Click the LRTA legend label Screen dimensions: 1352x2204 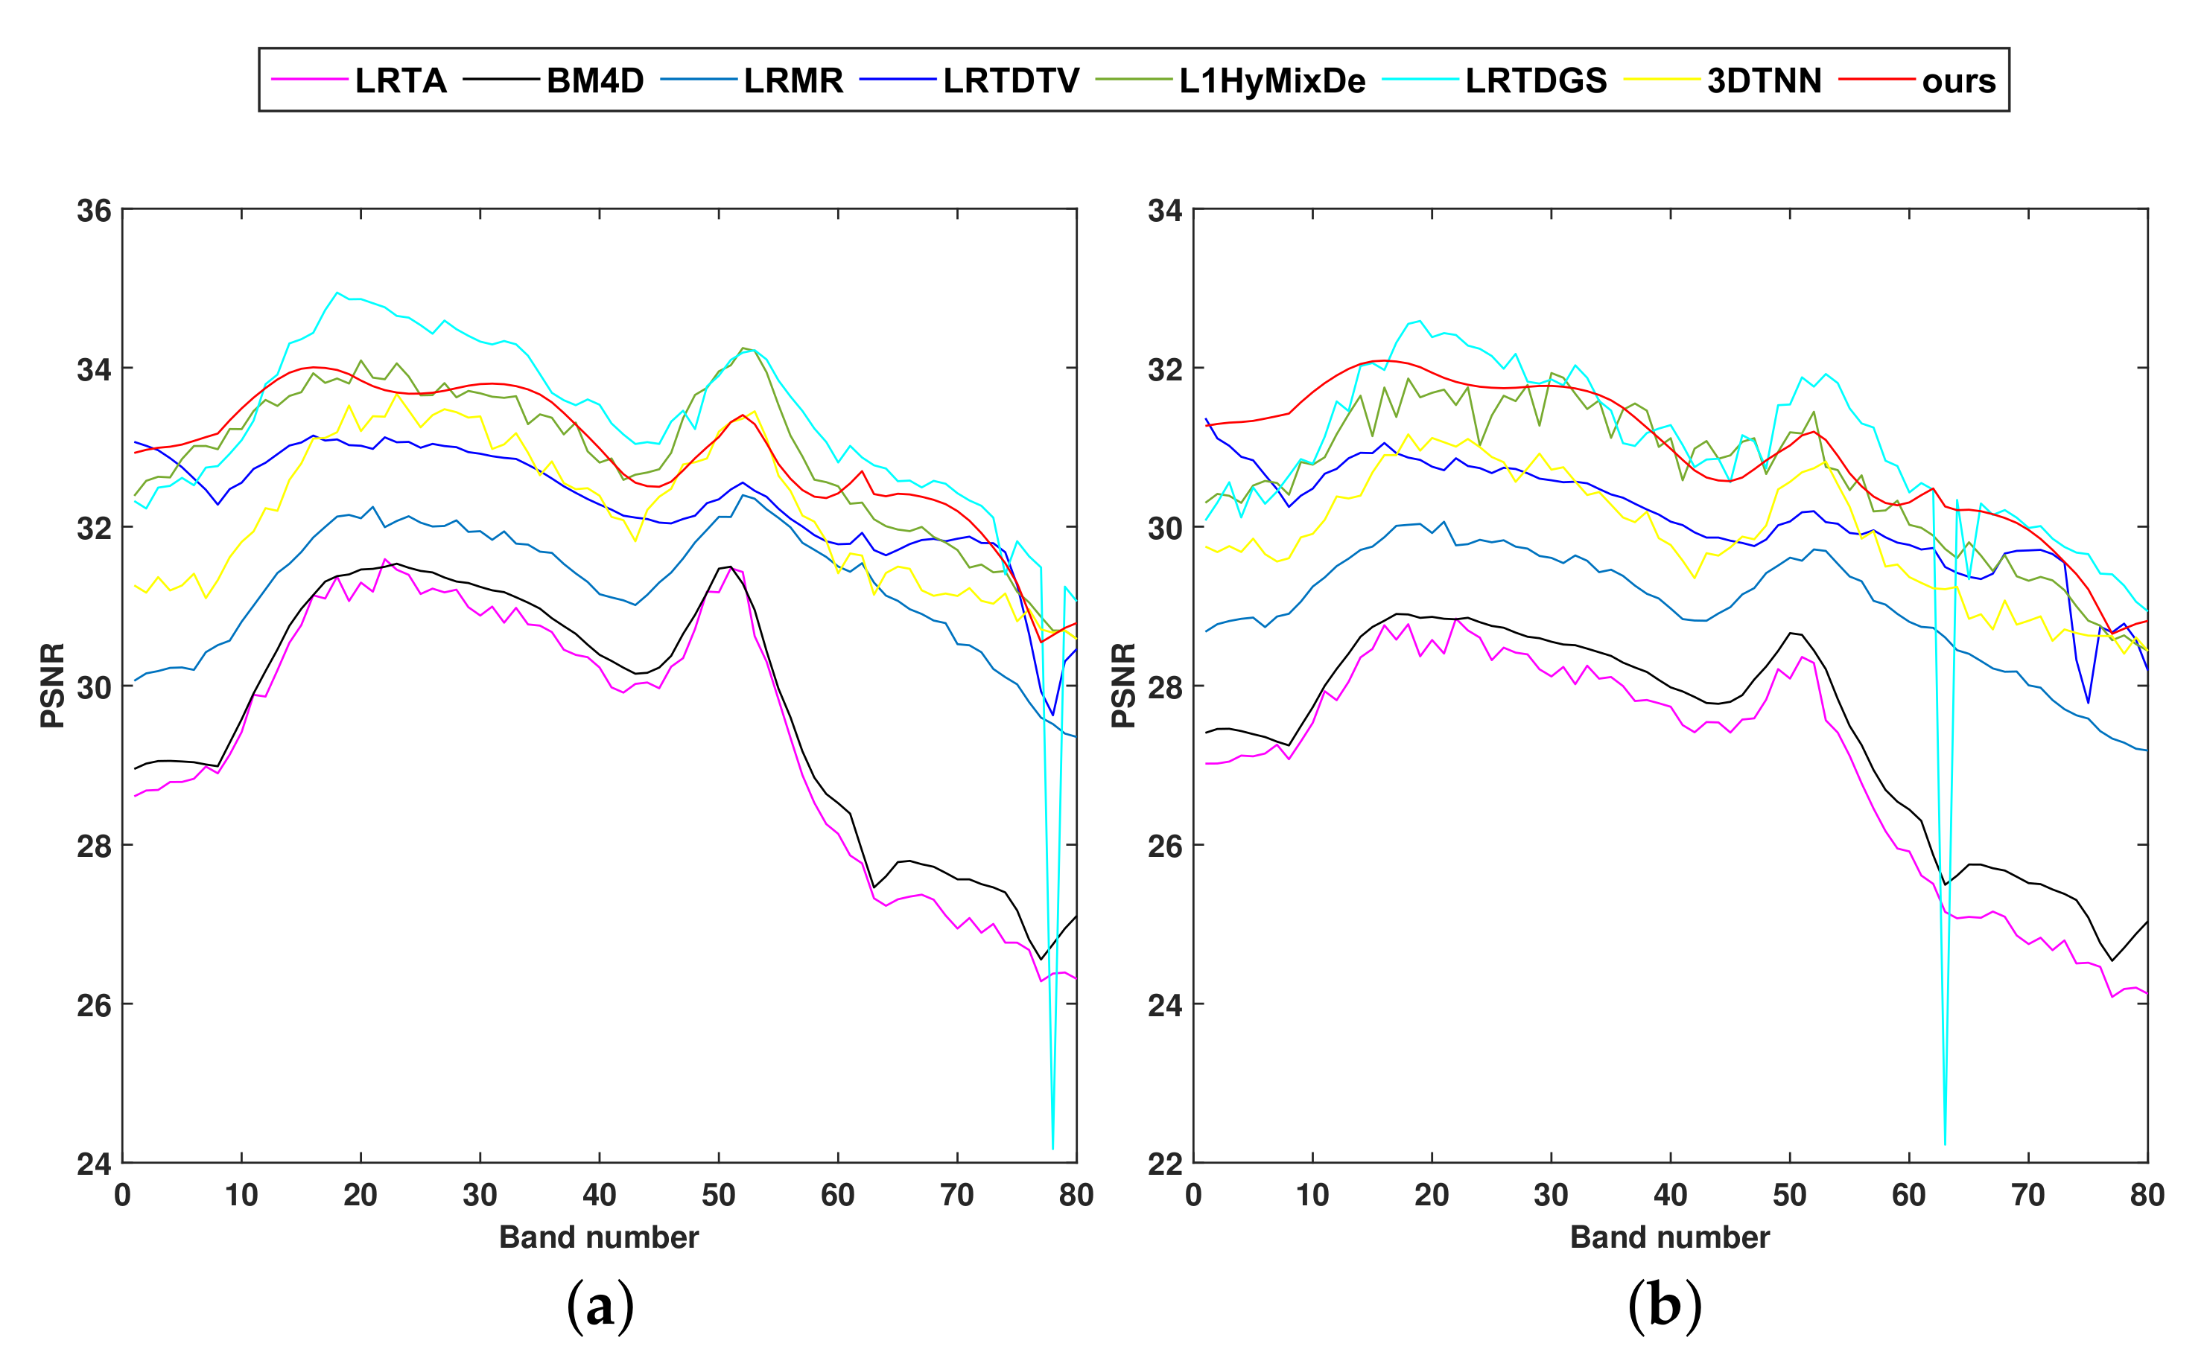tap(400, 80)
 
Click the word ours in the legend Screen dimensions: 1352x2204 tap(1958, 81)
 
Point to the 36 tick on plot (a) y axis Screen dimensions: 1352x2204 tap(94, 211)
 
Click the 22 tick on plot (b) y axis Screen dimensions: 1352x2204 tap(1165, 1164)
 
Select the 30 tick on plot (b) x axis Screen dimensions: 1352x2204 tap(1551, 1196)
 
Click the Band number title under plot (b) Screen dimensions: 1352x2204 tap(1669, 1237)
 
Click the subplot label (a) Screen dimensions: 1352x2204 tap(600, 1307)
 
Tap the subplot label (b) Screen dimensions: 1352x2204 tap(1664, 1307)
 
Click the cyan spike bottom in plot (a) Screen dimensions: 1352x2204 tap(1052, 1148)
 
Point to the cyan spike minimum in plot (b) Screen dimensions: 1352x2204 tap(1945, 1144)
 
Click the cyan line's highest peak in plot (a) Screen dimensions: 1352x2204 tap(337, 293)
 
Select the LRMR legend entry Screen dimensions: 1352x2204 tap(793, 80)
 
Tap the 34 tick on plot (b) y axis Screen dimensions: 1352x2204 tap(1165, 211)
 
